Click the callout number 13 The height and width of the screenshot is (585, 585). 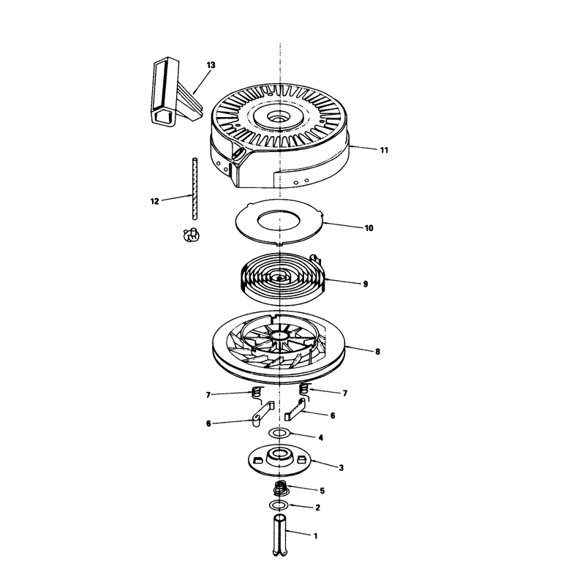pyautogui.click(x=211, y=65)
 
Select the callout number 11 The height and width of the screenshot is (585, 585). pyautogui.click(x=384, y=150)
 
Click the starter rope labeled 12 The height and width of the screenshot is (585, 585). pyautogui.click(x=195, y=189)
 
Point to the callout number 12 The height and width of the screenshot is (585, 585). pyautogui.click(x=155, y=201)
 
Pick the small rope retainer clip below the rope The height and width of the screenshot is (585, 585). pyautogui.click(x=192, y=234)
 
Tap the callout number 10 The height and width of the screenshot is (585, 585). pyautogui.click(x=369, y=228)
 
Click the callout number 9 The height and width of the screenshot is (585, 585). pyautogui.click(x=365, y=284)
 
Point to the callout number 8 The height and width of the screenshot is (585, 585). pyautogui.click(x=377, y=352)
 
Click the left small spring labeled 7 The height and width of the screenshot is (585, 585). pyautogui.click(x=257, y=395)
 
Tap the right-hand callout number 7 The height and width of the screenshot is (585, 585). pyautogui.click(x=344, y=393)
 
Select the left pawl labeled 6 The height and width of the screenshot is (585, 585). pyautogui.click(x=263, y=414)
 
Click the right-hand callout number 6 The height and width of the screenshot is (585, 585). pyautogui.click(x=333, y=415)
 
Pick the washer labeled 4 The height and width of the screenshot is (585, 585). pyautogui.click(x=279, y=433)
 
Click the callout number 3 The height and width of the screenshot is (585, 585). pyautogui.click(x=341, y=467)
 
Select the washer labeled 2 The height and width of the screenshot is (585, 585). pyautogui.click(x=279, y=505)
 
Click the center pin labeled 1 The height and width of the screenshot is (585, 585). pyautogui.click(x=279, y=535)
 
